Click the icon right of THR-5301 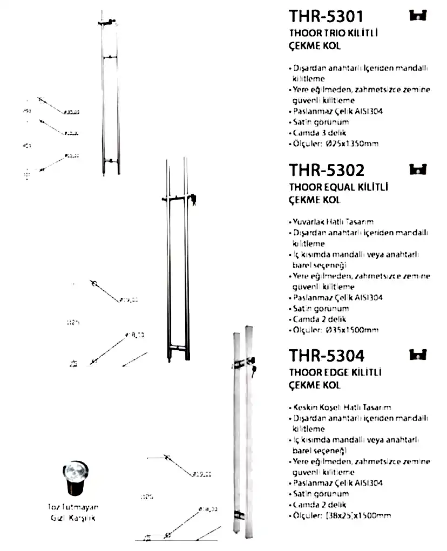[418, 16]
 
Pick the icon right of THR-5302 [418, 169]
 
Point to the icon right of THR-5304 [418, 355]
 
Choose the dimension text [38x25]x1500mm [358, 515]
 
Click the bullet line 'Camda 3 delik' [320, 133]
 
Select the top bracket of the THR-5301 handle [107, 22]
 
